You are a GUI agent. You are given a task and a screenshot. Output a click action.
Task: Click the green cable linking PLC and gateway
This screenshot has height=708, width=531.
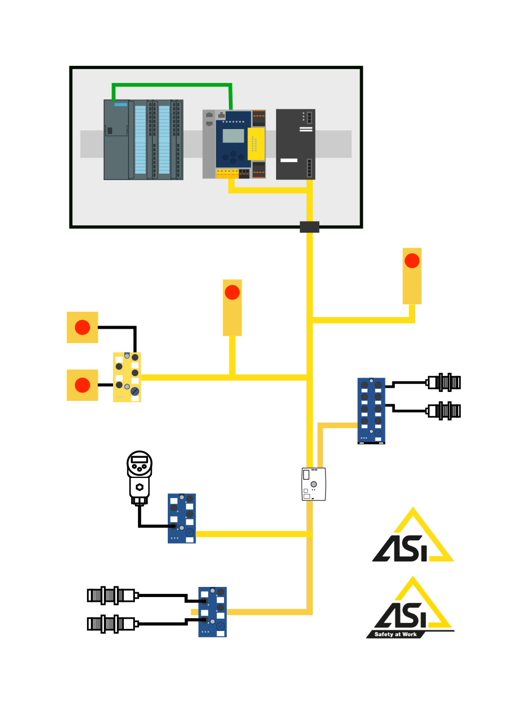tap(172, 84)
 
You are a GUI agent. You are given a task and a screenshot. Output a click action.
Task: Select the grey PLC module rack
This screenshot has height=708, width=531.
tap(143, 140)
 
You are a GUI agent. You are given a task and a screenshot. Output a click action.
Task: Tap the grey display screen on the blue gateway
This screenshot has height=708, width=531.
tap(233, 136)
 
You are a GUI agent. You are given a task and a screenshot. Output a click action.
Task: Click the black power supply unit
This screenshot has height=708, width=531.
tap(295, 144)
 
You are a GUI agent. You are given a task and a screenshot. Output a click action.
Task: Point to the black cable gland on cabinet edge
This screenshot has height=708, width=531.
tap(310, 227)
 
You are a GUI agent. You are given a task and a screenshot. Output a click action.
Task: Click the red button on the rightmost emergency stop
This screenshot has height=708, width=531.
tap(412, 261)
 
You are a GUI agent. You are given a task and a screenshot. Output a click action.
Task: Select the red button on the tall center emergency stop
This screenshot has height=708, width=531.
tap(232, 292)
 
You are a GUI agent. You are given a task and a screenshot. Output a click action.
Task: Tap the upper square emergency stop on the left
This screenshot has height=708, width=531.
tap(82, 327)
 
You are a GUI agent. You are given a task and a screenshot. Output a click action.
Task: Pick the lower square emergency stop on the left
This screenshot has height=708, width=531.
tap(82, 385)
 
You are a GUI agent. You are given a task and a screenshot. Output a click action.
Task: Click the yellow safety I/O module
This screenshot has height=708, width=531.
tap(126, 377)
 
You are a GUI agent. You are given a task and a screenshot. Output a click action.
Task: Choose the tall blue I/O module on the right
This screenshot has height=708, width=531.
tap(371, 410)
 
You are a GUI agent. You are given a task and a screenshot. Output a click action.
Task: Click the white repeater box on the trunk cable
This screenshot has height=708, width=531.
tap(313, 484)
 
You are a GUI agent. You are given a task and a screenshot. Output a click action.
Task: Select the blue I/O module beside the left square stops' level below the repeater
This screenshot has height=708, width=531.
tap(182, 518)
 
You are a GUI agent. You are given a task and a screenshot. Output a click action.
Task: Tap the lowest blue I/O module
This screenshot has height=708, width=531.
tap(212, 612)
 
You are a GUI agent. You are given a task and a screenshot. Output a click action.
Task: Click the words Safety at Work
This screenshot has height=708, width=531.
tap(396, 634)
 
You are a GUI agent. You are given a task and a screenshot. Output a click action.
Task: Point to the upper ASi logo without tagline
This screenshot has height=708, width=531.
tap(413, 538)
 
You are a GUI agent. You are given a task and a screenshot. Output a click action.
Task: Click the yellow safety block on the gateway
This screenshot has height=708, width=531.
tap(256, 143)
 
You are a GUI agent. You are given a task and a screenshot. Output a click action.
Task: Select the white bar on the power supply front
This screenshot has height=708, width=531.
tap(289, 160)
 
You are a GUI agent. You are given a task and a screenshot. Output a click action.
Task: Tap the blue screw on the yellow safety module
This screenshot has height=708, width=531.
tap(135, 391)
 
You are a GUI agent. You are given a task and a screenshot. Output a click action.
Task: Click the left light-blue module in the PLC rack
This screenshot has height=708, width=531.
tap(140, 140)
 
